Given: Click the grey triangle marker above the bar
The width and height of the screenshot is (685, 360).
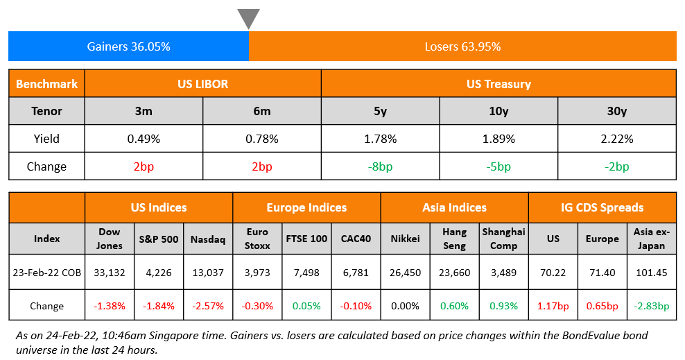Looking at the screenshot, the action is (x=249, y=18).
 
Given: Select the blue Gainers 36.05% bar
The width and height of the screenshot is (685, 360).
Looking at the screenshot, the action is (x=128, y=46).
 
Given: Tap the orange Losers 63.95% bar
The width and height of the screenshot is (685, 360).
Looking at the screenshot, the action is (x=462, y=46).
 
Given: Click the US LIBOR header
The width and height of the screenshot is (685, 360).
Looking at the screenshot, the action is (x=202, y=83).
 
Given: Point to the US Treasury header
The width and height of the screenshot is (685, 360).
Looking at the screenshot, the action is (x=498, y=83).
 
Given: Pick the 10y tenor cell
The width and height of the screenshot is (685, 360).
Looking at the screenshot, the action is (x=498, y=111).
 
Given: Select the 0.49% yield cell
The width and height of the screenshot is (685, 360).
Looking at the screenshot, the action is (x=144, y=139).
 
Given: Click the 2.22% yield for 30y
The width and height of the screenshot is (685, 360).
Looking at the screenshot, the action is (x=617, y=139).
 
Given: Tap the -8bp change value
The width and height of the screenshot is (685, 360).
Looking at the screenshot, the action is (x=380, y=166).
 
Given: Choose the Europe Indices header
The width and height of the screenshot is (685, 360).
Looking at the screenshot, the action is (x=306, y=207).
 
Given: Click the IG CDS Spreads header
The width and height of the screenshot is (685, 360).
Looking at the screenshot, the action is (x=602, y=207).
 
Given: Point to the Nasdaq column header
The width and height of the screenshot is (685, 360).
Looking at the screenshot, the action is (x=208, y=239).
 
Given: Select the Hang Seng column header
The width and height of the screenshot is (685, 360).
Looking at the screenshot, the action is (x=454, y=239).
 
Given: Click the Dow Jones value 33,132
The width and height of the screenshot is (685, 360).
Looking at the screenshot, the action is (x=110, y=273).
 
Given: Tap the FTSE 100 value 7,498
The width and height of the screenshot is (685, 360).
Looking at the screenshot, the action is (x=306, y=273).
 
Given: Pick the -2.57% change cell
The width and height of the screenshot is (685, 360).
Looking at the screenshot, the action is (x=208, y=306).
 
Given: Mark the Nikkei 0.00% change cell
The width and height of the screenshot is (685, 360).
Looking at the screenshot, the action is (x=405, y=306).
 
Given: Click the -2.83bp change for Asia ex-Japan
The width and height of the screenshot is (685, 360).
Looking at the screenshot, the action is (x=651, y=306).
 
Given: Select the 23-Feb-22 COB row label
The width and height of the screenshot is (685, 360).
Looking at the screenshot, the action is (x=46, y=273).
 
